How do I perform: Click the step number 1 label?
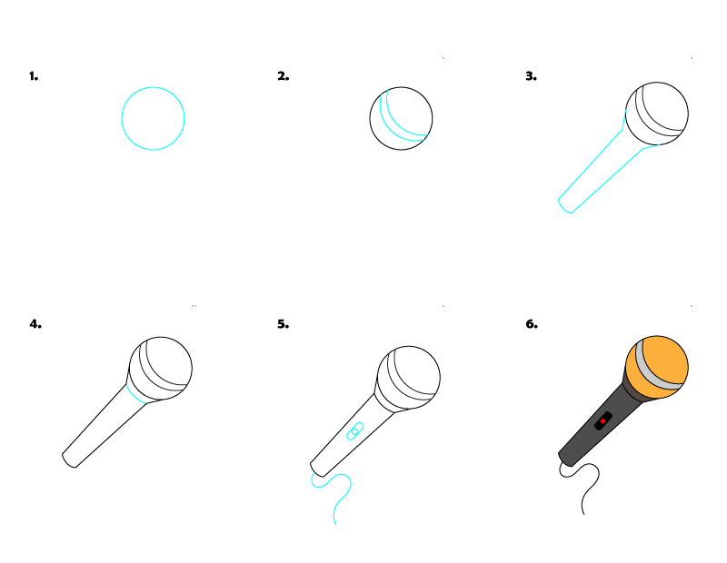coord(34,76)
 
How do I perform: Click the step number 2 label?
coord(283,76)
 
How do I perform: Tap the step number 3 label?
coord(531,76)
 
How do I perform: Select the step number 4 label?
coord(35,323)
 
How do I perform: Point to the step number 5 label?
coord(283,323)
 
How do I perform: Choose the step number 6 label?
coord(531,323)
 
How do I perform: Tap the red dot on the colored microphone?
coord(603,421)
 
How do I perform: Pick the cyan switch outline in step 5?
coord(354,431)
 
